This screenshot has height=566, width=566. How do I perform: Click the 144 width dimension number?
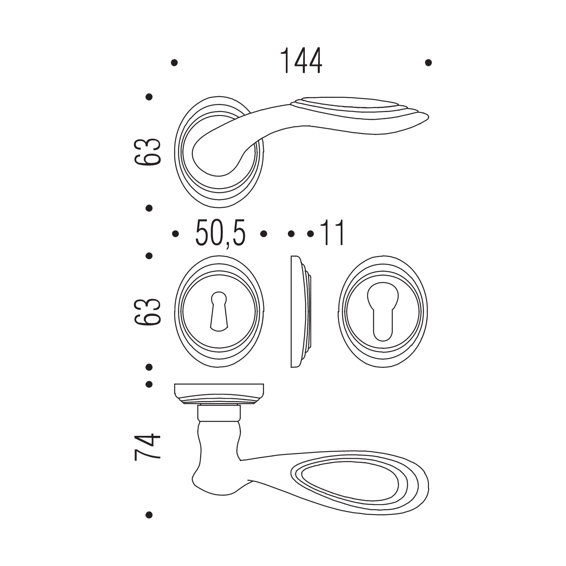[301, 61]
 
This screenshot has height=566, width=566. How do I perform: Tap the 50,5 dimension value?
[220, 234]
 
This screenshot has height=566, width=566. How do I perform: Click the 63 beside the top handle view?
[148, 151]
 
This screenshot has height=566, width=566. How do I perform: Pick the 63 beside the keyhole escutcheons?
[148, 311]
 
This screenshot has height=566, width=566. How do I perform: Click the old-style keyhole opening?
[219, 311]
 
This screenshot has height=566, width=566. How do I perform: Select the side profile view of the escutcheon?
[301, 312]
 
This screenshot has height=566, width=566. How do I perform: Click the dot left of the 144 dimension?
[175, 63]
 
